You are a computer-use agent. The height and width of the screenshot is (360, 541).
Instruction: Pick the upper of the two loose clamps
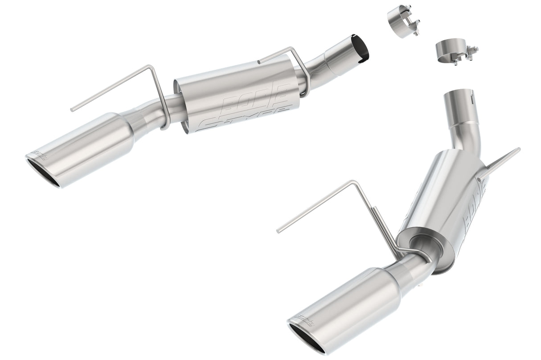(402, 20)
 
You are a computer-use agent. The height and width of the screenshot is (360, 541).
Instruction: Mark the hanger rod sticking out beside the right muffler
(501, 163)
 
